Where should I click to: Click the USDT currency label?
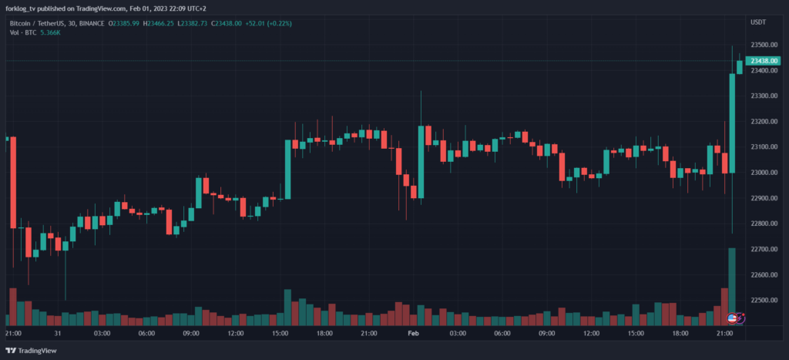pos(758,22)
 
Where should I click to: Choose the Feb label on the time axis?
pos(412,334)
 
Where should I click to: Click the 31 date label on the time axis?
pos(58,334)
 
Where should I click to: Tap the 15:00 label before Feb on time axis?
pos(280,334)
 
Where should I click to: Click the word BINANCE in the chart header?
pos(93,23)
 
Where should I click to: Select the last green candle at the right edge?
pos(740,67)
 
